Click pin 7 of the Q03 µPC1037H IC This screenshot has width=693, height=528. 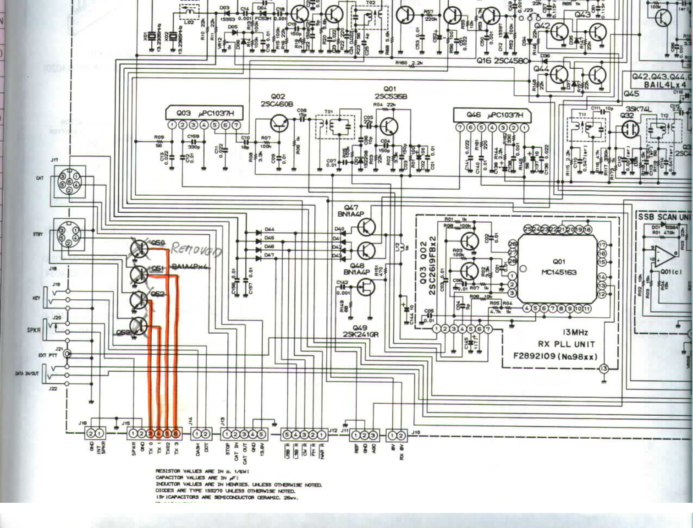tap(236, 125)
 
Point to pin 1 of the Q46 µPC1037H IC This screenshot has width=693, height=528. tap(524, 127)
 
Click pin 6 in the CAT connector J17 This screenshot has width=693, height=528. tap(69, 182)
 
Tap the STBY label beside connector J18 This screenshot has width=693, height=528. tap(38, 234)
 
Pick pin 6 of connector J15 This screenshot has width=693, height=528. tap(176, 434)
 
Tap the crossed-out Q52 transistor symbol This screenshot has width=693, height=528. tap(138, 300)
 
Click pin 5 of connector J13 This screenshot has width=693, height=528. tap(261, 434)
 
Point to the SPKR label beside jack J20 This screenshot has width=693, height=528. tap(33, 330)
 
